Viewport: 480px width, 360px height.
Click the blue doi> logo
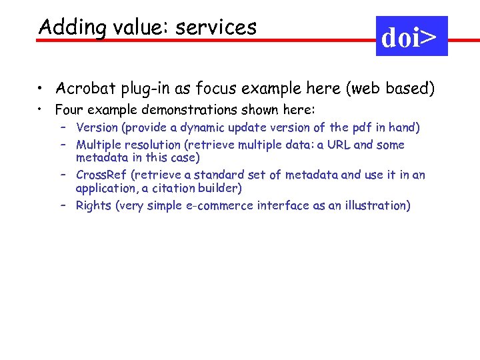[412, 36]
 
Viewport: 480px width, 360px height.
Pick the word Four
[69, 109]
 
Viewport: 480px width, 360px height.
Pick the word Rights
[93, 206]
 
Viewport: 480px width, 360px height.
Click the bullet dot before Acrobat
[41, 87]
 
